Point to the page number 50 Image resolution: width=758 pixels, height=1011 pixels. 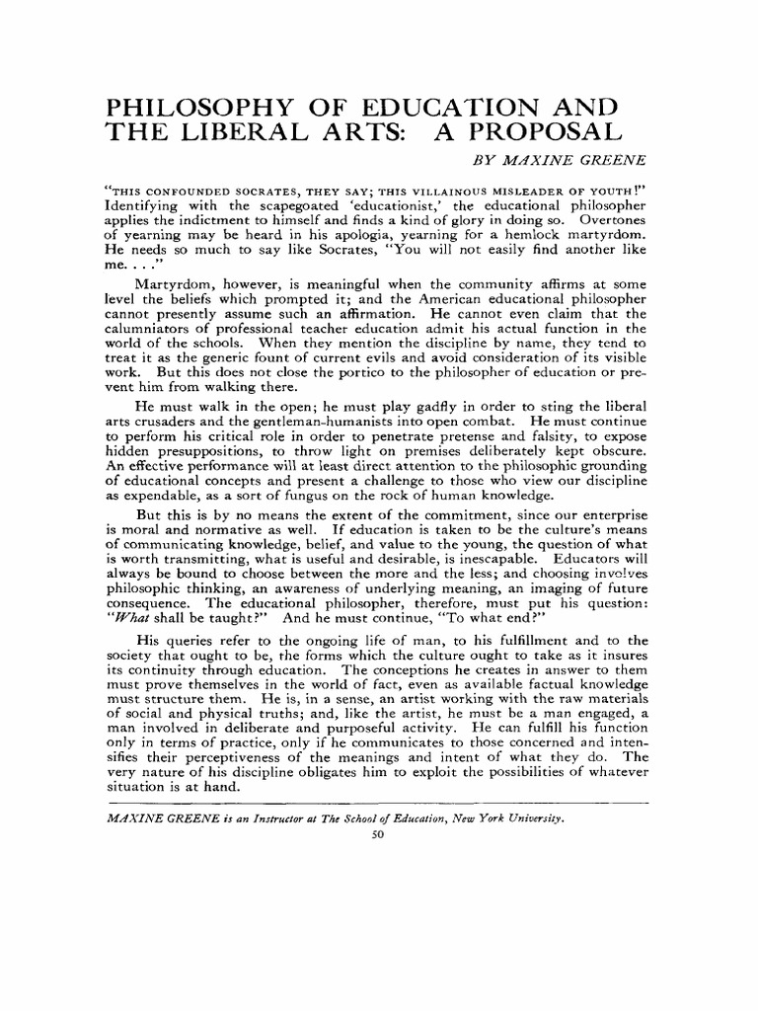[x=375, y=835]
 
